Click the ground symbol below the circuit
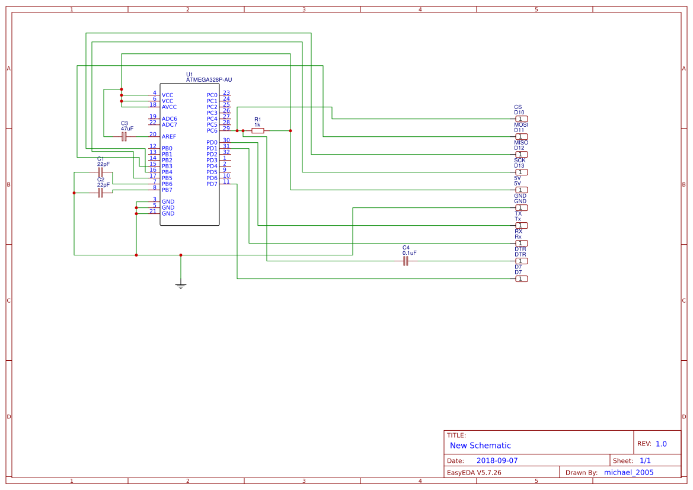181,286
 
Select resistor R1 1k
257,130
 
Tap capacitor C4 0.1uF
406,261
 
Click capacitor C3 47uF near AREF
124,136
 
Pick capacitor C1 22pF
101,172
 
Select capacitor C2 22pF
101,193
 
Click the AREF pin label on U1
169,137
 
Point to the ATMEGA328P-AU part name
209,79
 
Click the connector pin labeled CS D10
521,119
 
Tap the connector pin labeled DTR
521,261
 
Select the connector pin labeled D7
521,278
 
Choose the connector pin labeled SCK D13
521,172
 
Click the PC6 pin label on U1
212,131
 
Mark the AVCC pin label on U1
169,107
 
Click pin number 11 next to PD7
226,181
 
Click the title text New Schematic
480,446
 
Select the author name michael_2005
628,472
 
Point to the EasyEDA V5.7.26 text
474,473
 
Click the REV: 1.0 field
652,444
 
